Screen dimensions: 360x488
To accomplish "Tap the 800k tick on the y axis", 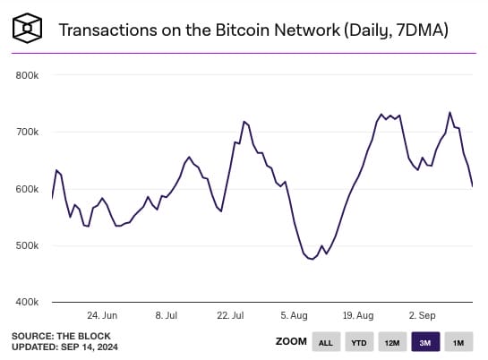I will point(27,75).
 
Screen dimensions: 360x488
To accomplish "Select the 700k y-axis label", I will point(27,132).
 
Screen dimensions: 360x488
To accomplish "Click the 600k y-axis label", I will point(27,189).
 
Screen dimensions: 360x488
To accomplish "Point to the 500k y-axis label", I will point(27,245).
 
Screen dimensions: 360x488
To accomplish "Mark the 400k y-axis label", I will point(27,303).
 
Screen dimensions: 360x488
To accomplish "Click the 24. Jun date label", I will point(103,315).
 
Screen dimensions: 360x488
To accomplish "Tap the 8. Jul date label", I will point(167,315).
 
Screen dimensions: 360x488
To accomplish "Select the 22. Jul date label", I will point(230,315).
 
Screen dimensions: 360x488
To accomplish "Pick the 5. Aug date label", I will point(295,315).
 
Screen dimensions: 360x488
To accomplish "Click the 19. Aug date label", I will point(358,315).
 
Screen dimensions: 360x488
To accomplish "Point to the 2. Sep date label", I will point(421,315).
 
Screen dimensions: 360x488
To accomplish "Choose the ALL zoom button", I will point(325,342).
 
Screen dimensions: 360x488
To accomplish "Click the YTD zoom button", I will point(358,342).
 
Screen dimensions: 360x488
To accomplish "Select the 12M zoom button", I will point(391,342).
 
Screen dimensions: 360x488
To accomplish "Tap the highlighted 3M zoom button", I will point(424,342).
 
